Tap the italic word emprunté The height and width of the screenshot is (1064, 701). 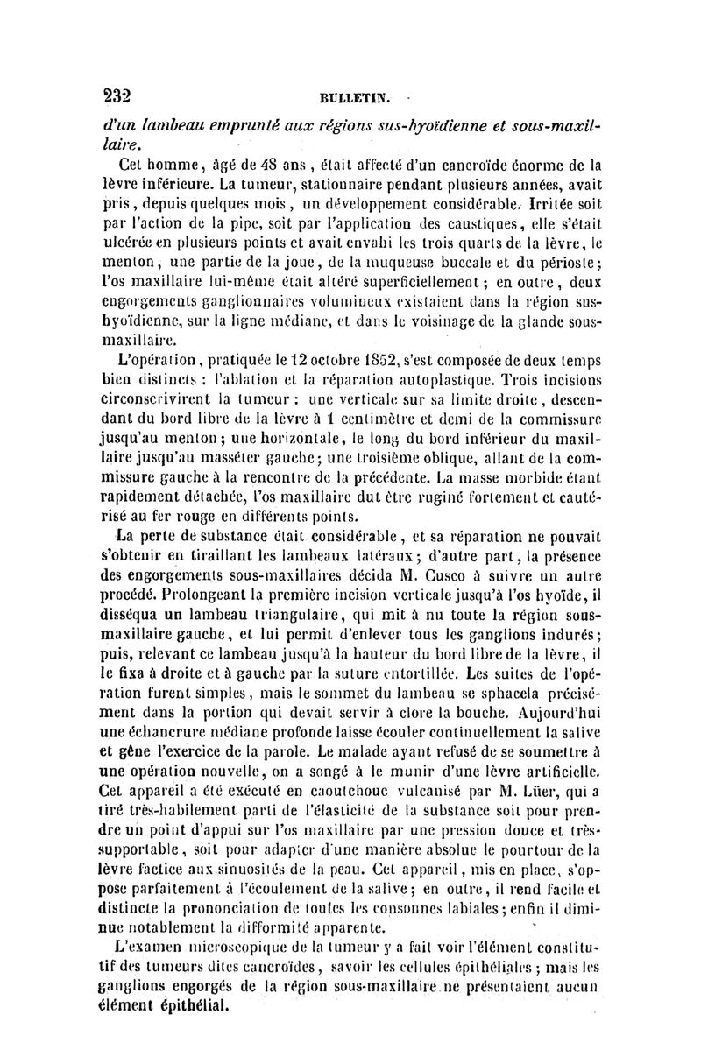coord(209,124)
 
